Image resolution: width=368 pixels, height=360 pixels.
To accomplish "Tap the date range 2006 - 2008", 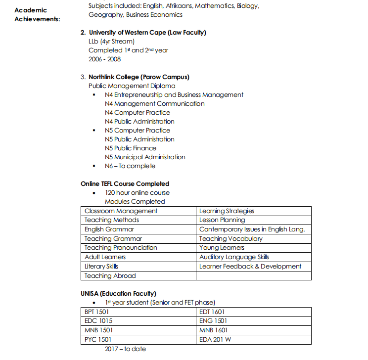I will click(104, 59).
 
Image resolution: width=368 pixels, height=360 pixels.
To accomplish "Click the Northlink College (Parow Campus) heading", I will click(138, 77).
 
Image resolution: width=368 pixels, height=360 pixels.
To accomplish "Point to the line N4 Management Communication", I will click(154, 104).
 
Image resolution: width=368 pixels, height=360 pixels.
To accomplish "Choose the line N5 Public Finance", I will click(131, 148).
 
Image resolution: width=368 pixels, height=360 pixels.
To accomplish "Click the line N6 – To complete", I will click(130, 166).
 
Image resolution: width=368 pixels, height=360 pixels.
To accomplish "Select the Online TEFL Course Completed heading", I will click(125, 184).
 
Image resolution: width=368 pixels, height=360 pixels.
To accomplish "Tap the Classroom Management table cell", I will click(121, 211).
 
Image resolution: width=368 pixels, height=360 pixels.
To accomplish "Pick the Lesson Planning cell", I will click(222, 220).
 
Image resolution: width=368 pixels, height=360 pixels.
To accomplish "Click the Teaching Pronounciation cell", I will click(121, 248).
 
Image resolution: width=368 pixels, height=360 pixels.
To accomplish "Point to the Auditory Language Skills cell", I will click(234, 257).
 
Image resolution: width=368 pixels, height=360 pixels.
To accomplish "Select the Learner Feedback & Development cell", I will click(250, 267).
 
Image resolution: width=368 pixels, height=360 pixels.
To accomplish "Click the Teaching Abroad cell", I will click(110, 276).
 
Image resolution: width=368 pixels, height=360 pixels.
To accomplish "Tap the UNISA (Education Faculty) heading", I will click(119, 294).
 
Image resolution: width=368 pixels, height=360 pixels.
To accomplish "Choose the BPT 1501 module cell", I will click(96, 312).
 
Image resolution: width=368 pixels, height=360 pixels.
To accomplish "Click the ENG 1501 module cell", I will click(213, 321).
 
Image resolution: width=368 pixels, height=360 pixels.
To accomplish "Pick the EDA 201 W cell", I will click(215, 340).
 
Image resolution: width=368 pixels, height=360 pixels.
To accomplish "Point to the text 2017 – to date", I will click(125, 349).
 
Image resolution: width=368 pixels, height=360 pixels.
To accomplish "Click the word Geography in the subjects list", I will click(106, 15).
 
